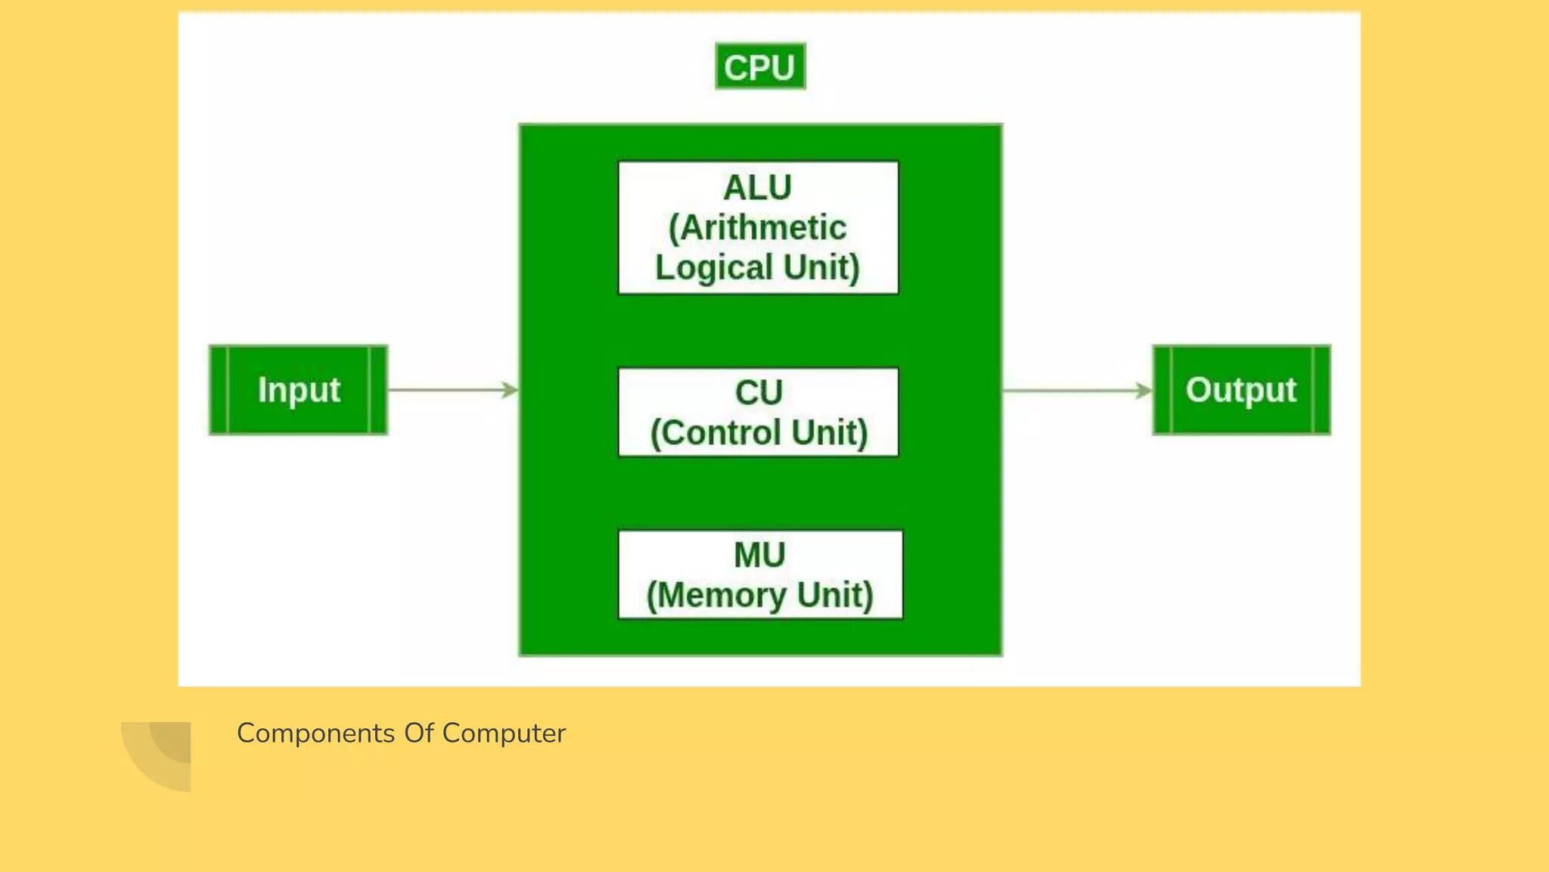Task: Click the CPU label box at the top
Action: (760, 67)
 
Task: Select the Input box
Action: (298, 390)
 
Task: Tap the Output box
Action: (1241, 390)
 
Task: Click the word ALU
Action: (757, 188)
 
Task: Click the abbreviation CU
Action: (759, 393)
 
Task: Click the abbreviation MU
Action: (759, 555)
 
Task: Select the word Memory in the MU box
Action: (716, 596)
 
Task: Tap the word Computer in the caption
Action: (504, 733)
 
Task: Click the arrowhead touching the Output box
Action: (1143, 391)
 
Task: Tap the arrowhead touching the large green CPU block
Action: (510, 390)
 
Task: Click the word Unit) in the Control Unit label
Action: (830, 433)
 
